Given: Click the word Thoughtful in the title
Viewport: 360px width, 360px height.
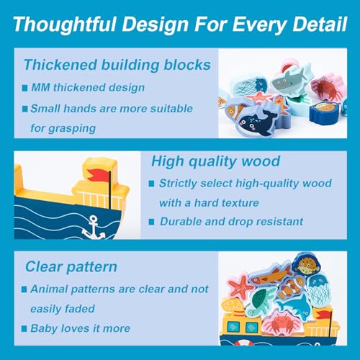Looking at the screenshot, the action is tap(65, 24).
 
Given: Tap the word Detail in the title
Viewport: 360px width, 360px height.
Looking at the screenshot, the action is tap(320, 24).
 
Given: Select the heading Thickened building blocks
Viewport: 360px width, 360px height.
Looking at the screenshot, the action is tap(117, 65).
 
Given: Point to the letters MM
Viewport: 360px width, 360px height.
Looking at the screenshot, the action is tap(40, 87).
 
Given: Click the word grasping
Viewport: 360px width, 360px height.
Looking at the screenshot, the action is tap(72, 129).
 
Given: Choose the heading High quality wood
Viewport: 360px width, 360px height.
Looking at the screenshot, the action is tap(215, 161).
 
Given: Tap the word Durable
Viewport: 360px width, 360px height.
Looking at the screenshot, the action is tap(181, 221).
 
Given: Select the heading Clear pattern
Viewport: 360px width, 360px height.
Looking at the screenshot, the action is tap(71, 267).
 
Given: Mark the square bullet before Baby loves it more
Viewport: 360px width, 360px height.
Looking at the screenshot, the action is tap(24, 328).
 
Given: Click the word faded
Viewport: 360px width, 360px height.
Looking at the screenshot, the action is tap(80, 309).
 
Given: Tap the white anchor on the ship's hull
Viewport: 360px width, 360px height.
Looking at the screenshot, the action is tap(94, 228).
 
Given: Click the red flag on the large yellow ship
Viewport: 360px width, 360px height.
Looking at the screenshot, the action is tap(99, 175).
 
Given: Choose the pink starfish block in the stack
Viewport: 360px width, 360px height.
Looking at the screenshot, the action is tap(240, 287).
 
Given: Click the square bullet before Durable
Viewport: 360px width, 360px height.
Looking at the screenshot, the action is tap(151, 222).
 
